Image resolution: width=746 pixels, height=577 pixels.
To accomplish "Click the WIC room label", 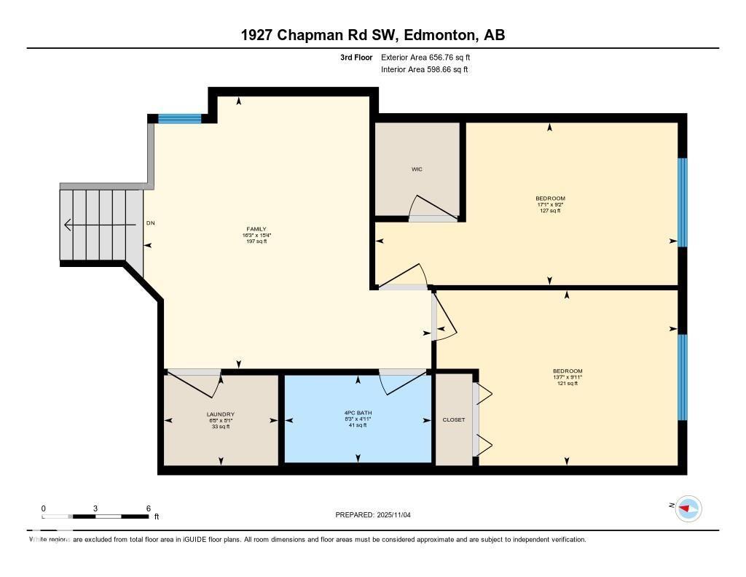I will tap(416, 169).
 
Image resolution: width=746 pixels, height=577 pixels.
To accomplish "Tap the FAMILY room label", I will tap(256, 229).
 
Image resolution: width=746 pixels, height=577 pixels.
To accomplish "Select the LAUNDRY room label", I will tap(220, 414).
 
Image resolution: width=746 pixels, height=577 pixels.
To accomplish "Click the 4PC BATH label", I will tap(357, 413).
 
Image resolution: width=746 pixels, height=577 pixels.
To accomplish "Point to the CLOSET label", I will tap(453, 419).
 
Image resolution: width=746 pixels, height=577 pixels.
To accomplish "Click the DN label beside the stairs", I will tap(151, 223).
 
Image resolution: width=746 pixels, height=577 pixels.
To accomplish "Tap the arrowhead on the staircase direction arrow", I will tap(68, 225).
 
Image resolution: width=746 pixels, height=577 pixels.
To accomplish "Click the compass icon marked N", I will tap(688, 508).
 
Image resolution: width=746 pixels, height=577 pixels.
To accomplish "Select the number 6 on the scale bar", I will tap(148, 508).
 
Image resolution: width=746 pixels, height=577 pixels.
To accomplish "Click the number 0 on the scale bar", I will tap(43, 508).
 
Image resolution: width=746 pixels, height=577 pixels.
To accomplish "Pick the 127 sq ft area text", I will tap(550, 211).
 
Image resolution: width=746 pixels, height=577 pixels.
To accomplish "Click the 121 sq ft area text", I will tap(568, 383).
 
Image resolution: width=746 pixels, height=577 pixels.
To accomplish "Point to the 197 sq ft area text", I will tap(256, 241).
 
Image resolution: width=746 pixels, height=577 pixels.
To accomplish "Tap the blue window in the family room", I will tap(179, 118).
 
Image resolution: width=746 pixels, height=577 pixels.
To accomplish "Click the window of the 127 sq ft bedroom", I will tap(683, 202).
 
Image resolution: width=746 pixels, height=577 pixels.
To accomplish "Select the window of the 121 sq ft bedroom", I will tap(683, 377).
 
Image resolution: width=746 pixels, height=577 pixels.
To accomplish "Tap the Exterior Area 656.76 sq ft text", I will tap(431, 57).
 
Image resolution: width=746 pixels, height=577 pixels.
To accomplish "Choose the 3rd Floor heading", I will tap(356, 57).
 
